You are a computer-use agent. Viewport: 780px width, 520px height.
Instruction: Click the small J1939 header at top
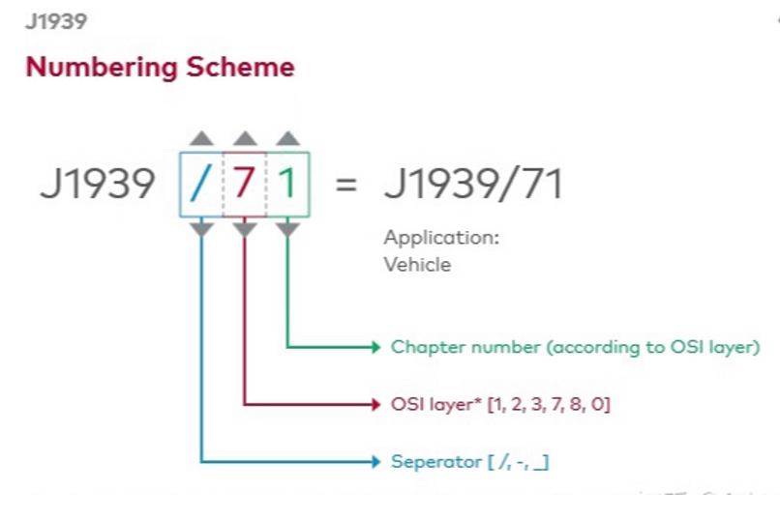[x=56, y=22]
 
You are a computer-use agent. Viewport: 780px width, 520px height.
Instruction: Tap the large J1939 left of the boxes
[x=97, y=184]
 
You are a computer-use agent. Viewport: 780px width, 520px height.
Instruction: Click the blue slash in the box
[x=201, y=184]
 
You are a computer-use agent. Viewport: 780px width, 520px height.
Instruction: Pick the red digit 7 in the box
[x=245, y=184]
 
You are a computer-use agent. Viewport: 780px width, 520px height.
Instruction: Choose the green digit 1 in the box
[x=287, y=184]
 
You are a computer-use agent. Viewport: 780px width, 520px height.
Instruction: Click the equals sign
[x=345, y=185]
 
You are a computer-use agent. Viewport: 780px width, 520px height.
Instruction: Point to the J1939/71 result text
[x=473, y=184]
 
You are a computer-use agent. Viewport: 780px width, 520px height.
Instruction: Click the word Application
[x=441, y=238]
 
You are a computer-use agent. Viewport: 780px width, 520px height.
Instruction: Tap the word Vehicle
[x=417, y=264]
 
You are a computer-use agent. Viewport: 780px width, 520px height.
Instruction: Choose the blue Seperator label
[x=469, y=462]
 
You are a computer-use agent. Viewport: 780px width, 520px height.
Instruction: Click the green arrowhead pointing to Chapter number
[x=375, y=347]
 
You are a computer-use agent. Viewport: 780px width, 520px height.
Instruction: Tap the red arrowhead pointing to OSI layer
[x=375, y=404]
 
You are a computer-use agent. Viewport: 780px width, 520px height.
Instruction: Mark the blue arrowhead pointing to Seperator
[x=375, y=462]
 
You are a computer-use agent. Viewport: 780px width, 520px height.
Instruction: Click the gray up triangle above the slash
[x=201, y=138]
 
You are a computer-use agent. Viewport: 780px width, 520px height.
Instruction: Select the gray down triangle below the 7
[x=245, y=229]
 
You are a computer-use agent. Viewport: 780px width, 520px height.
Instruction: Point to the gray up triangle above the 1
[x=287, y=138]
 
